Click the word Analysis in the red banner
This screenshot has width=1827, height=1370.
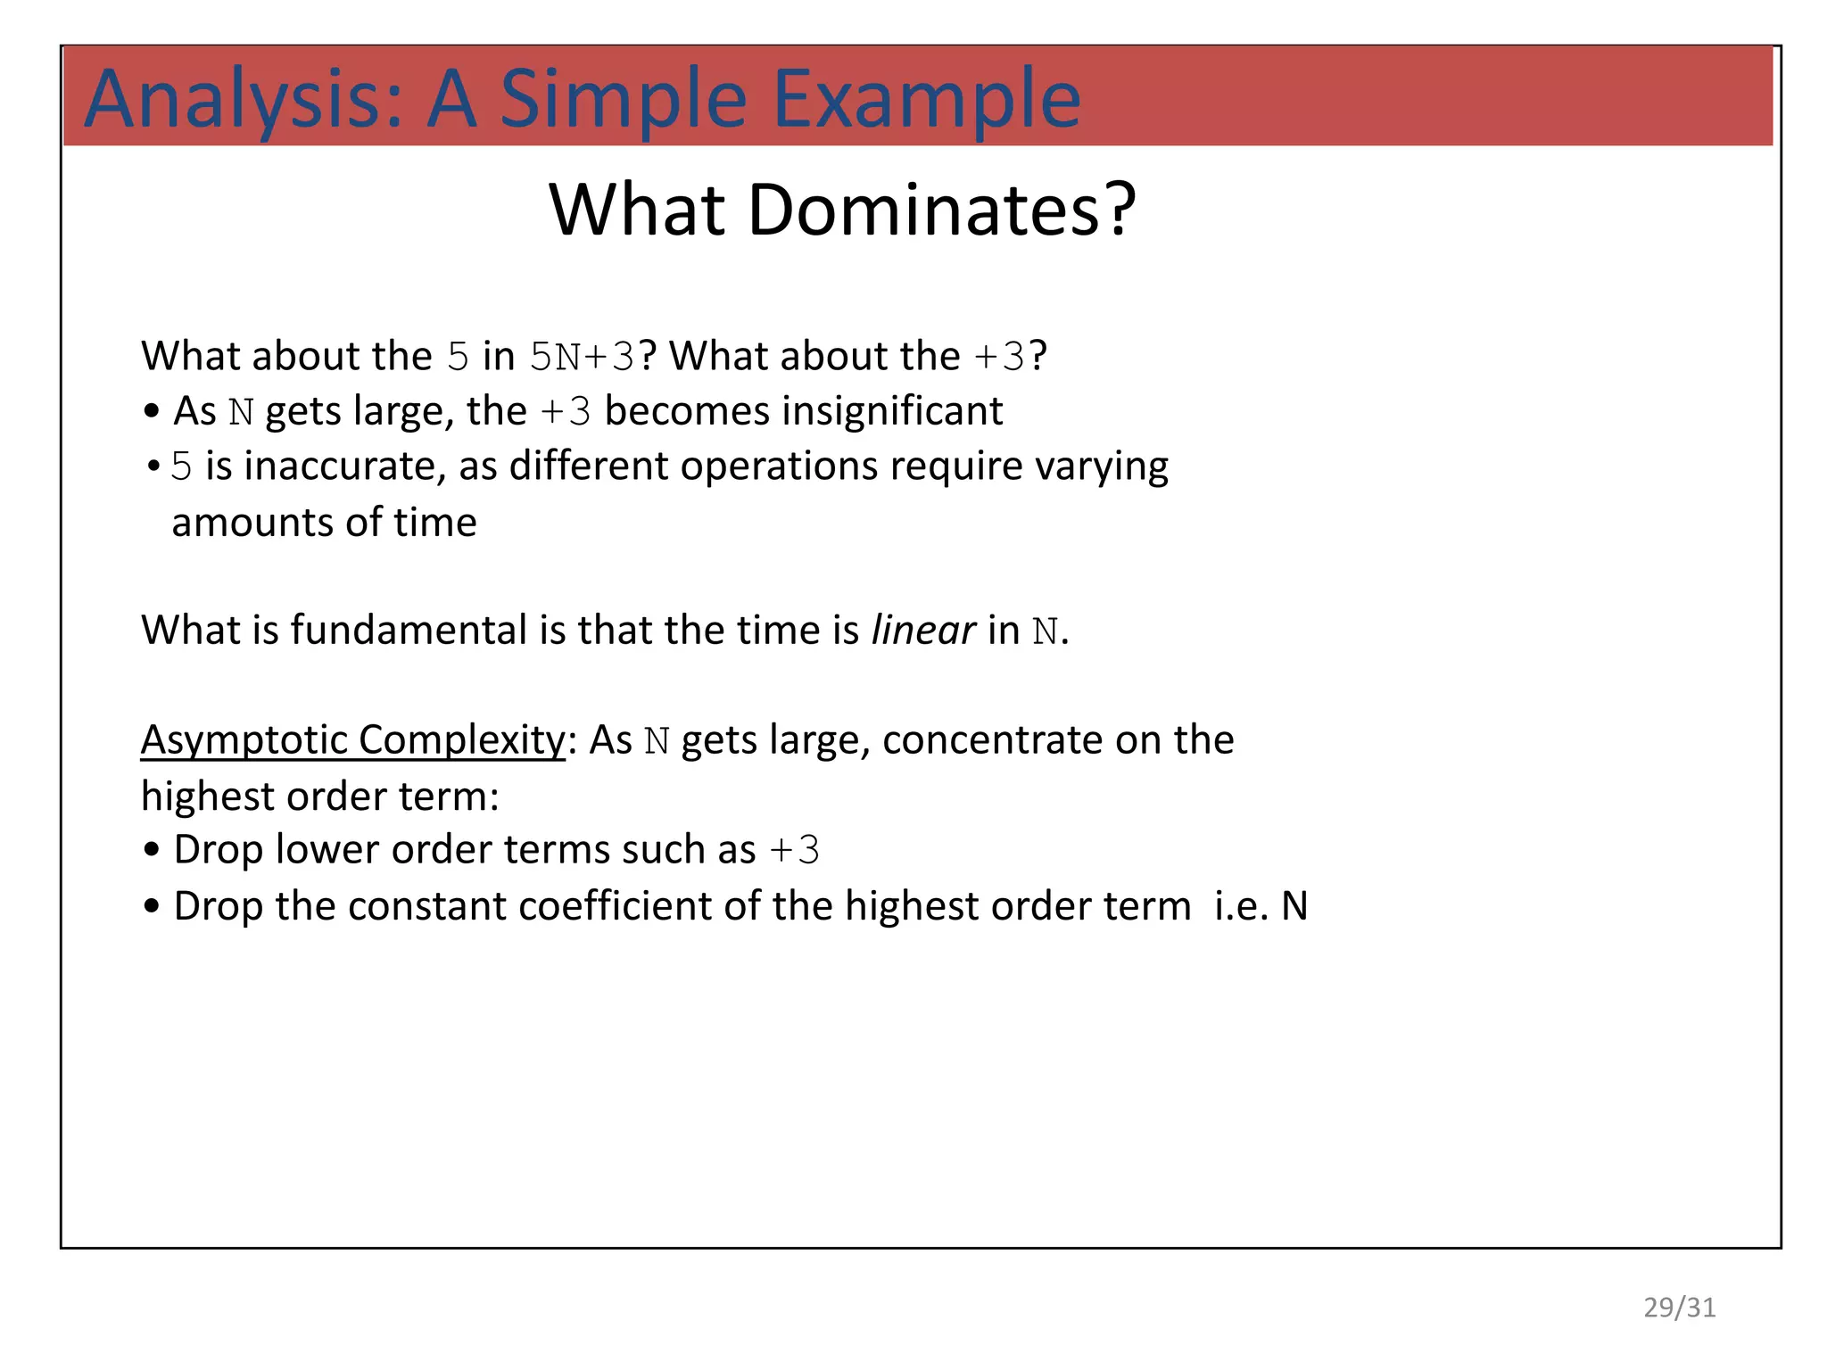coord(243,100)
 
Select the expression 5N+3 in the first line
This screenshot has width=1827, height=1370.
coord(581,357)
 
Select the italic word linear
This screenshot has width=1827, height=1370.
coord(922,631)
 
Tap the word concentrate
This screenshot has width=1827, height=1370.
coord(991,740)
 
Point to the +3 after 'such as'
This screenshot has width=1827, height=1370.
coord(794,850)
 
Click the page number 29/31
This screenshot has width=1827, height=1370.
coord(1679,1308)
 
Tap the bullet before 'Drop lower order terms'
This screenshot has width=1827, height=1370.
coord(152,851)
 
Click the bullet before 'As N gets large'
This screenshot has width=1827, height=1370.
coord(152,412)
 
